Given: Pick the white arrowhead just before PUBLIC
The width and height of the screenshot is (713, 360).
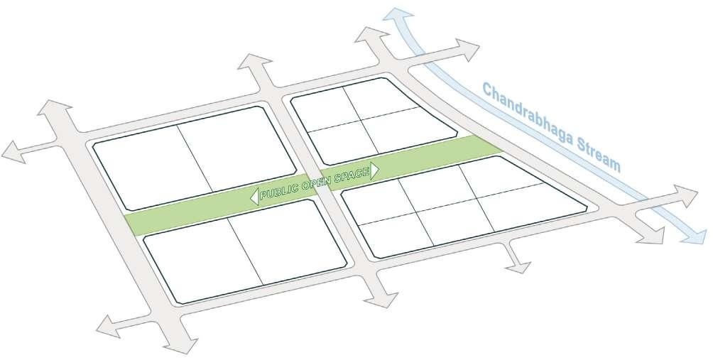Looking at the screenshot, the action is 254,197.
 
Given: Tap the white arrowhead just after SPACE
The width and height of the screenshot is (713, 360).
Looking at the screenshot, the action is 375,169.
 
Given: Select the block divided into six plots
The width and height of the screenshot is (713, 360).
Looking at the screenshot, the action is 462,206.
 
